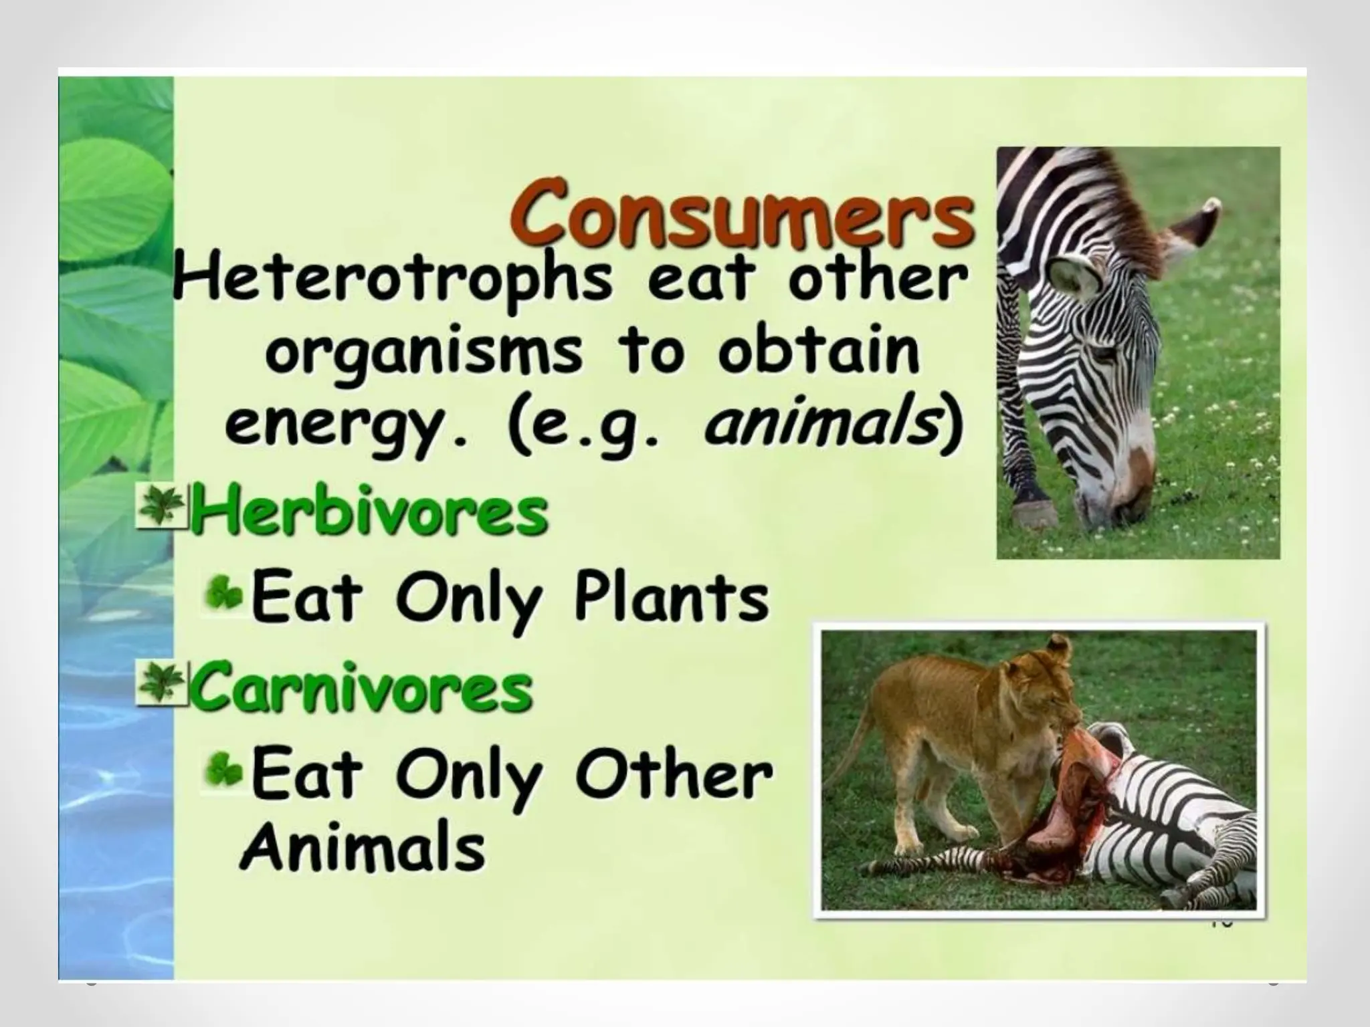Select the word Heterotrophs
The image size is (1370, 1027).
tap(392, 281)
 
